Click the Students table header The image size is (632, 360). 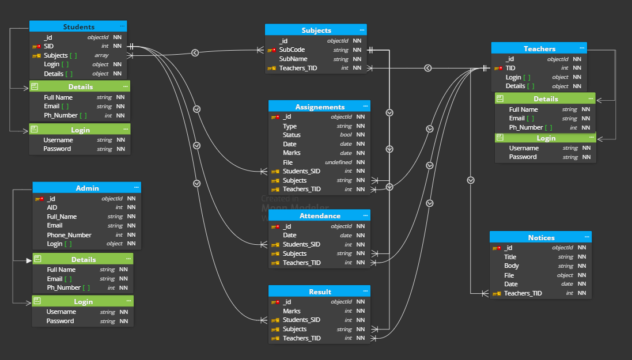tap(78, 26)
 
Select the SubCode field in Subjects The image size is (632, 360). tap(292, 50)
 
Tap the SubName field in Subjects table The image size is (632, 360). tap(293, 59)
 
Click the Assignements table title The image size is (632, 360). tap(320, 107)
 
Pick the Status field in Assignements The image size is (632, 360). tap(292, 135)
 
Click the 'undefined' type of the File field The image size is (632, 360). tap(339, 162)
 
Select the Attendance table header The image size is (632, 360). tap(320, 215)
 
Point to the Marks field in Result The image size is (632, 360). tap(292, 311)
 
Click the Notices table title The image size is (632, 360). tap(541, 237)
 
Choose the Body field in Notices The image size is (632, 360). tap(511, 266)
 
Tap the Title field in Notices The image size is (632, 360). tap(510, 257)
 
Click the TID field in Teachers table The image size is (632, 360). tap(510, 68)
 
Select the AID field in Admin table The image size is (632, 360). tap(52, 207)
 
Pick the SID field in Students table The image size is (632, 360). tap(48, 46)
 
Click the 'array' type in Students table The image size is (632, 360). tap(101, 55)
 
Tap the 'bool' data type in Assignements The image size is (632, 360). tap(346, 135)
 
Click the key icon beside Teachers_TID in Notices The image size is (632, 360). tap(497, 294)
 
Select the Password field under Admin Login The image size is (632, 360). tap(60, 321)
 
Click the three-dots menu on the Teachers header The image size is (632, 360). tap(582, 48)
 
